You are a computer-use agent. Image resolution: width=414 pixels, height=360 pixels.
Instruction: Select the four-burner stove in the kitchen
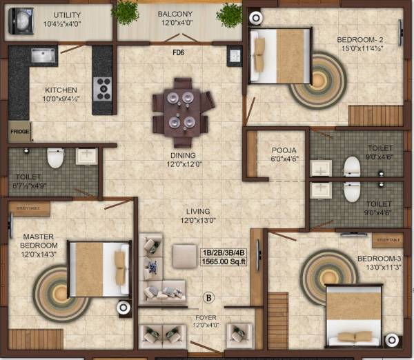point(103,88)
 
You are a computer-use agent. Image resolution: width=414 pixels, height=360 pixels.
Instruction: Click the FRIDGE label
point(19,130)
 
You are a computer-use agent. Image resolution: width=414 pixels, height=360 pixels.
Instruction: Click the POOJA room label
point(264,148)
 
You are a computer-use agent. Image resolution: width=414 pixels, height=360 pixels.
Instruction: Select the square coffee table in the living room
point(184,254)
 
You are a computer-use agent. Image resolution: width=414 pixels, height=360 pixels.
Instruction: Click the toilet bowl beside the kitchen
point(55,159)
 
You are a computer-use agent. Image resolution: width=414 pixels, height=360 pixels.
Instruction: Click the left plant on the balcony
point(125,12)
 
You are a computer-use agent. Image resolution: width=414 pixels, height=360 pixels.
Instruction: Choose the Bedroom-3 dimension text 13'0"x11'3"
point(377,268)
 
